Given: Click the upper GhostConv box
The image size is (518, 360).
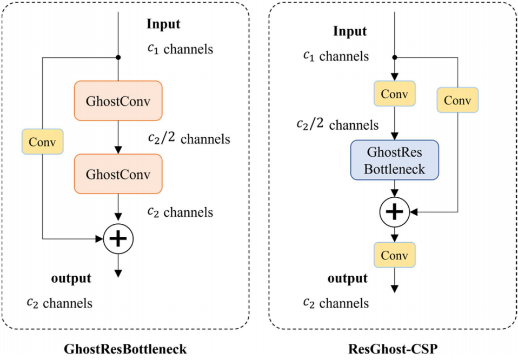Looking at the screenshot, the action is coord(118,101).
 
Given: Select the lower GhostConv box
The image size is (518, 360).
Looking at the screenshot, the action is coord(118,174).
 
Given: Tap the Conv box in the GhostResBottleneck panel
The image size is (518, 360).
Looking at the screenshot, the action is coord(43,142).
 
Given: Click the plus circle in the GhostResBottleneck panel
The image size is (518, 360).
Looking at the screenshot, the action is coord(118,239).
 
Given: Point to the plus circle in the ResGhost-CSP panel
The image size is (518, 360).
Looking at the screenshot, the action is coord(394,212).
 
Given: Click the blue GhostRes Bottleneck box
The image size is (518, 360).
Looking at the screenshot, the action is coord(394,160).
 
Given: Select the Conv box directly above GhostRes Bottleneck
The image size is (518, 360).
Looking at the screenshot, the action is coord(394,94).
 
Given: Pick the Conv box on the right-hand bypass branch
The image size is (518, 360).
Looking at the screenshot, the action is coord(457,100).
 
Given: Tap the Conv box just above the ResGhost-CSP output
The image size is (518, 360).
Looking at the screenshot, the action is coord(394,255).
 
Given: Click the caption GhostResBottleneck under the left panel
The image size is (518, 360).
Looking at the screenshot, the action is coord(125,349).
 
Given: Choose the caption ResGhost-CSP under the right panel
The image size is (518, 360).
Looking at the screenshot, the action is coord(393,349).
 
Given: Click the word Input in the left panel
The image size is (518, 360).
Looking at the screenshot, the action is coord(163,24).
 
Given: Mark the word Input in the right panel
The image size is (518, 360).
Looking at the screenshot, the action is coord(350,32).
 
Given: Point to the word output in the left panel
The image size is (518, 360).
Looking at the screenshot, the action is coord(71,278).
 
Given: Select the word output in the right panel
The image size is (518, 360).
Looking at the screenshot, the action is coord(348,278).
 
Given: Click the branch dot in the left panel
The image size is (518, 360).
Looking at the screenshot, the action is coord(118,57).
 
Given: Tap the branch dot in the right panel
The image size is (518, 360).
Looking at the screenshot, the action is coord(394,57).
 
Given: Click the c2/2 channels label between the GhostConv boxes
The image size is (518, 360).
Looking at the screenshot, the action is coord(189,138).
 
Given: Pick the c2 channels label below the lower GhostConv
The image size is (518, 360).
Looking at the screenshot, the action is coord(180,212).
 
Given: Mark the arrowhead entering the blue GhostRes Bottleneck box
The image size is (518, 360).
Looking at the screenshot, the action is coord(394,136).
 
